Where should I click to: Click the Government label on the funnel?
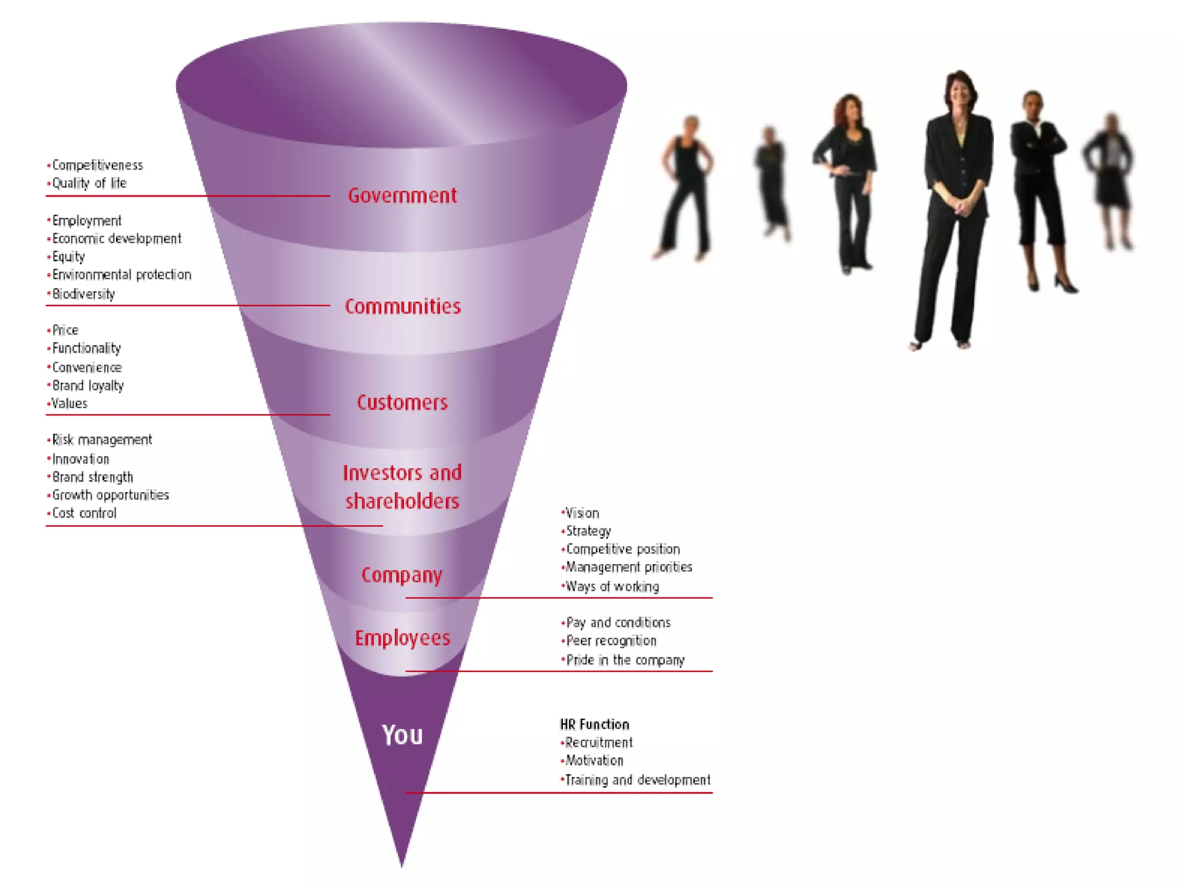tap(402, 196)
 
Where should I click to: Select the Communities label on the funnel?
tap(403, 307)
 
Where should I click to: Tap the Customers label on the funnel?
tap(402, 403)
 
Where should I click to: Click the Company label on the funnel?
tap(402, 575)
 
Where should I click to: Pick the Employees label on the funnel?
tap(402, 638)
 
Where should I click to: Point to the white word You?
tap(402, 735)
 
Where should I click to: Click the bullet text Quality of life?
tap(89, 183)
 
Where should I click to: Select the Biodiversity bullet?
tap(84, 294)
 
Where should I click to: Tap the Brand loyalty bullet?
tap(88, 385)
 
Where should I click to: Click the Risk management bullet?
tap(102, 440)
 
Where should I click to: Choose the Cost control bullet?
tap(84, 513)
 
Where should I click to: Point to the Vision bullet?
tap(582, 513)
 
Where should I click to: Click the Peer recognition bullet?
tap(611, 641)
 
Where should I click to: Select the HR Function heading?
tap(595, 724)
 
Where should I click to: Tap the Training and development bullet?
tap(637, 780)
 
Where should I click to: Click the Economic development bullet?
tap(116, 239)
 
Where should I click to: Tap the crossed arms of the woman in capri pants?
tap(1038, 144)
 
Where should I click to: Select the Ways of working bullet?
tap(612, 587)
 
